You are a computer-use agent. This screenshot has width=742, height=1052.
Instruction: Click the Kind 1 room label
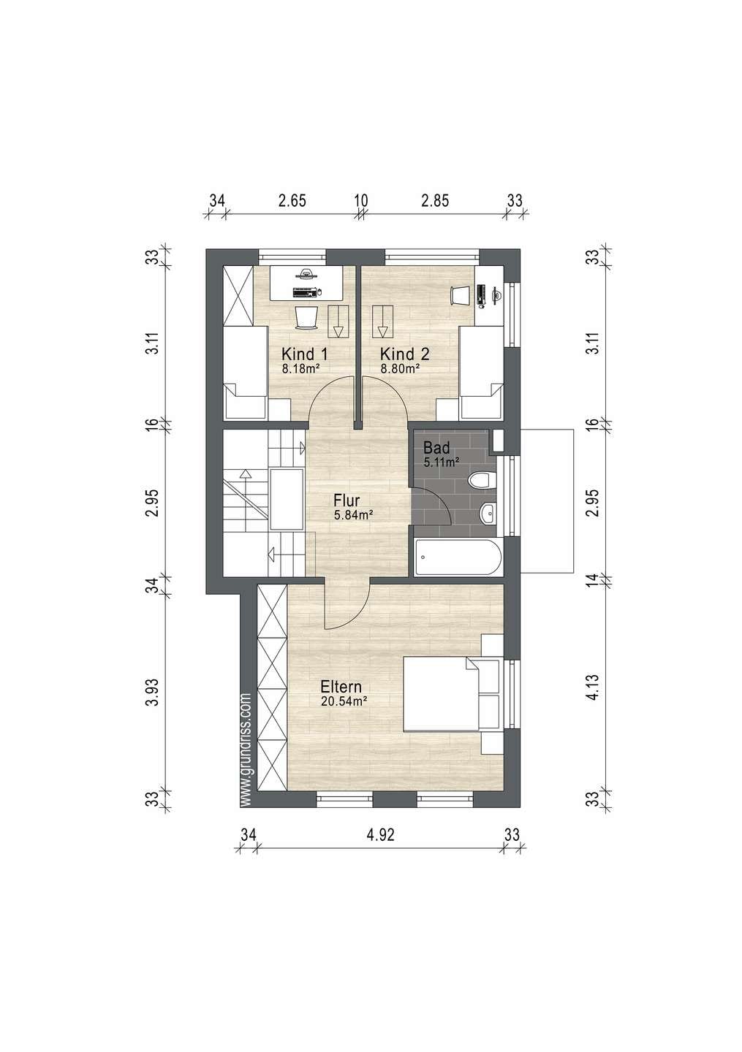click(x=304, y=354)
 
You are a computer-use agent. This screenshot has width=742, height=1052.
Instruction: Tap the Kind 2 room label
click(x=404, y=354)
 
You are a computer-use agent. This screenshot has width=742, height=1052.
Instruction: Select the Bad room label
click(x=436, y=446)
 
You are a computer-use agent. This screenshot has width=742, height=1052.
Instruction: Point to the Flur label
click(x=347, y=500)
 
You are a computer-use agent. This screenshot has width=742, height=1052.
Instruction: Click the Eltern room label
click(x=341, y=687)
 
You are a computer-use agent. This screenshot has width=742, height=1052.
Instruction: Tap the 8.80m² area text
click(x=400, y=369)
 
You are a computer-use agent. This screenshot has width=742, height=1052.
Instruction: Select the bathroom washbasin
click(x=489, y=514)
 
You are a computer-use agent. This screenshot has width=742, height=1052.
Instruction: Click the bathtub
click(x=458, y=557)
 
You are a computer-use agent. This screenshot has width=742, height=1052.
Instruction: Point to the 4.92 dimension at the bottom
click(x=381, y=834)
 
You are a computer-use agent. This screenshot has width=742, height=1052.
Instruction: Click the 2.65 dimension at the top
click(x=292, y=200)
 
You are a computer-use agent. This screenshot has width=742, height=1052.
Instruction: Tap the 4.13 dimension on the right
click(x=594, y=687)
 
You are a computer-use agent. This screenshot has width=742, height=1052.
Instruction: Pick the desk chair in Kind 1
click(x=306, y=318)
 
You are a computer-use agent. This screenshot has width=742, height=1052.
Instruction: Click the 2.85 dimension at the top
click(x=435, y=200)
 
